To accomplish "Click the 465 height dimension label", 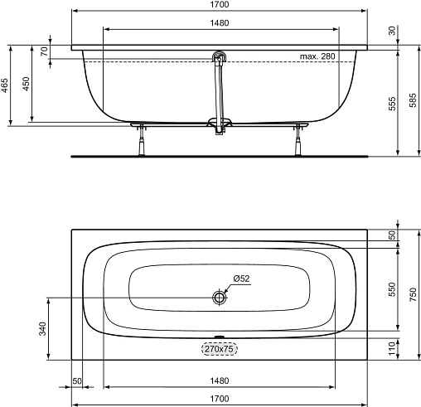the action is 5,85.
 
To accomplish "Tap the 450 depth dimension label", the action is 27,84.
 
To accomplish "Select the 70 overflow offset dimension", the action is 44,51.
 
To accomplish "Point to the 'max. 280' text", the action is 317,56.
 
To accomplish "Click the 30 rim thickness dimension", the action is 392,31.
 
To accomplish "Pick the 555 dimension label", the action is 392,104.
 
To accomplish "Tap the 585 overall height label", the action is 413,100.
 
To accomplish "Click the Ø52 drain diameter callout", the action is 241,279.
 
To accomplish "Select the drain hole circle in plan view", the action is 220,298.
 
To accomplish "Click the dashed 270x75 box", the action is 220,349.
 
